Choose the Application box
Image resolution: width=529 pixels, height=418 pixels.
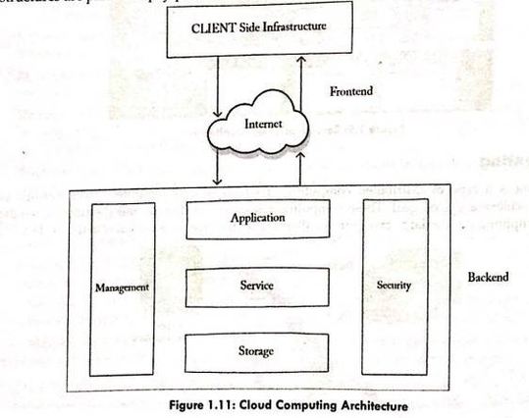(257, 218)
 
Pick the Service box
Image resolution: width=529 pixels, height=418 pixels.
(257, 285)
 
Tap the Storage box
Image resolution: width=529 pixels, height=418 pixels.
(257, 350)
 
